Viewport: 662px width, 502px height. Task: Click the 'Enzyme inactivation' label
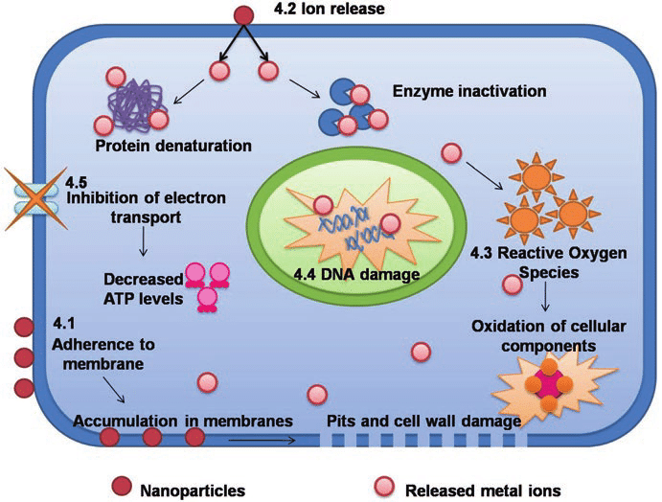[x=469, y=92]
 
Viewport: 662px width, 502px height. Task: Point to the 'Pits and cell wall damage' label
[x=423, y=421]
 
